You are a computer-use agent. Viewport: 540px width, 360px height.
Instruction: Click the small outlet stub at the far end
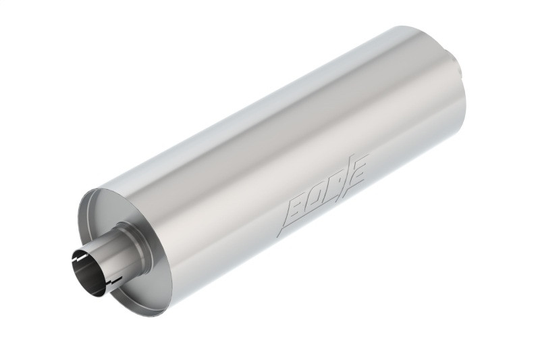coord(458,68)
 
